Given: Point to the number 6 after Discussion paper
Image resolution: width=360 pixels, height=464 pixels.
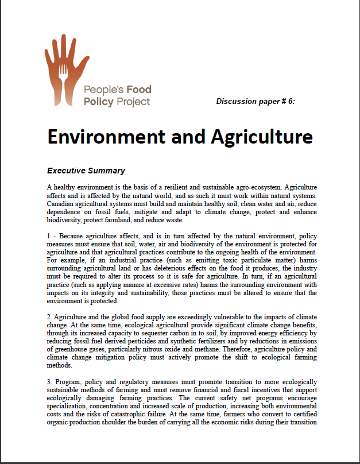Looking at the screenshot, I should (x=291, y=102).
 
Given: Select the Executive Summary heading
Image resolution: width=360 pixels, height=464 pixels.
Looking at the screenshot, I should (x=86, y=171).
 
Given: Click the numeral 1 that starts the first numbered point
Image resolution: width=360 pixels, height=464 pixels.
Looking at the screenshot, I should (x=49, y=236).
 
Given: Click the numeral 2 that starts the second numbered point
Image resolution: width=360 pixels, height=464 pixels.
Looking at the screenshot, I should (x=49, y=317).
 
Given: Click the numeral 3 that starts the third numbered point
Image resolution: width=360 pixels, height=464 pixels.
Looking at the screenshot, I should (x=49, y=381).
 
